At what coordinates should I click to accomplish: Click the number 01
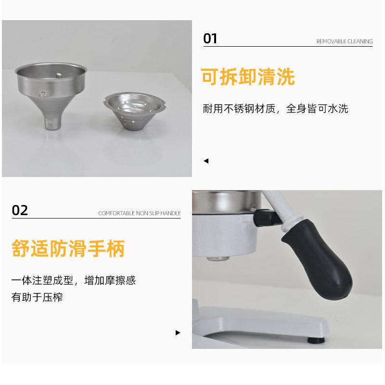pyautogui.click(x=210, y=38)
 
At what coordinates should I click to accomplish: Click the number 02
pyautogui.click(x=20, y=210)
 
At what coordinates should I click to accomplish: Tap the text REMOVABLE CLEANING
pyautogui.click(x=344, y=41)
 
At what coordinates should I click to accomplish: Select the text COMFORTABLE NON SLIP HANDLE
pyautogui.click(x=139, y=213)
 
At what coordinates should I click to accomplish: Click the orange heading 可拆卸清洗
pyautogui.click(x=248, y=77)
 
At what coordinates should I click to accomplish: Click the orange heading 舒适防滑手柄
pyautogui.click(x=68, y=249)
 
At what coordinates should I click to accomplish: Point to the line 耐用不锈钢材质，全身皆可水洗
pyautogui.click(x=275, y=109)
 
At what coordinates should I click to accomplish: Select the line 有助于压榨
pyautogui.click(x=37, y=297)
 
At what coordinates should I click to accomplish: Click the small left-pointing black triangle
pyautogui.click(x=206, y=161)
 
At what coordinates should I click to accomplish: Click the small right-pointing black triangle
pyautogui.click(x=178, y=333)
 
